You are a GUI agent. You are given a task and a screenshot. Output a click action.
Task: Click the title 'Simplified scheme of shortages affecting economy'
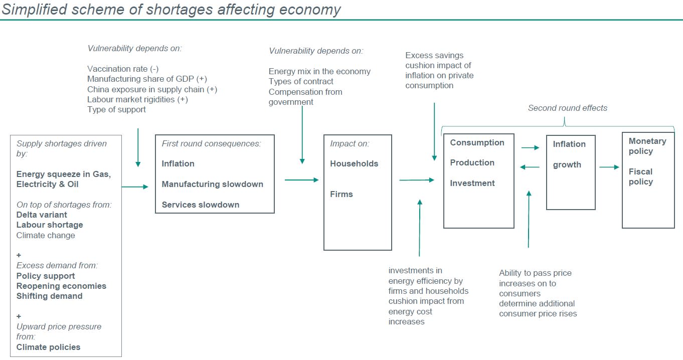click(171, 9)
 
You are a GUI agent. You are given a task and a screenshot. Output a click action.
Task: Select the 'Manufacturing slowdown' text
click(212, 184)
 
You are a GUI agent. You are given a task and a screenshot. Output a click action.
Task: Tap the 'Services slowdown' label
click(200, 205)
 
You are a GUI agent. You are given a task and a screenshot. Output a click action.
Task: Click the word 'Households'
click(354, 163)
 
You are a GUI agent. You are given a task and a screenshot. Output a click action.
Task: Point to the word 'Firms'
click(341, 194)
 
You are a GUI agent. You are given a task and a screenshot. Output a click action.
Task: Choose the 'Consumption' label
click(477, 143)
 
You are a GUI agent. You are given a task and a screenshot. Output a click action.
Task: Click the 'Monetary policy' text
click(647, 146)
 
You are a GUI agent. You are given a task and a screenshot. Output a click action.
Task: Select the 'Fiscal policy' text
click(640, 176)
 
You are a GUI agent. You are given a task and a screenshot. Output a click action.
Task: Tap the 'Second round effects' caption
click(568, 108)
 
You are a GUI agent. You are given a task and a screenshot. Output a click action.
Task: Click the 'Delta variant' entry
click(42, 215)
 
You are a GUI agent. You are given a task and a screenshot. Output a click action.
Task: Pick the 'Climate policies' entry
click(48, 347)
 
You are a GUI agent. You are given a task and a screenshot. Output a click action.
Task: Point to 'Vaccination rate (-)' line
click(123, 69)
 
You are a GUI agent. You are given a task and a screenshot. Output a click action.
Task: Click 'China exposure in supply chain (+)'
click(152, 89)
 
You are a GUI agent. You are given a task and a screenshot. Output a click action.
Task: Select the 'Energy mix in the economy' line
click(319, 71)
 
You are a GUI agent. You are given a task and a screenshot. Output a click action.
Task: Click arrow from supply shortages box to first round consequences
click(135, 187)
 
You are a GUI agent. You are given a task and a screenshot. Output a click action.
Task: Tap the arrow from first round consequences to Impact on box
click(301, 180)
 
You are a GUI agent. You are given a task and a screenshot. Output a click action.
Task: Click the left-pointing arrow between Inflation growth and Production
click(530, 167)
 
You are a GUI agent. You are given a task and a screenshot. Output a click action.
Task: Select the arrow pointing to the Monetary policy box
click(609, 167)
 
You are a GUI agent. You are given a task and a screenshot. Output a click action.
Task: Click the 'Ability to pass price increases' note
click(538, 293)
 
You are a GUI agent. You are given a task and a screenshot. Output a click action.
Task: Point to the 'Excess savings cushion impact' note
click(439, 70)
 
